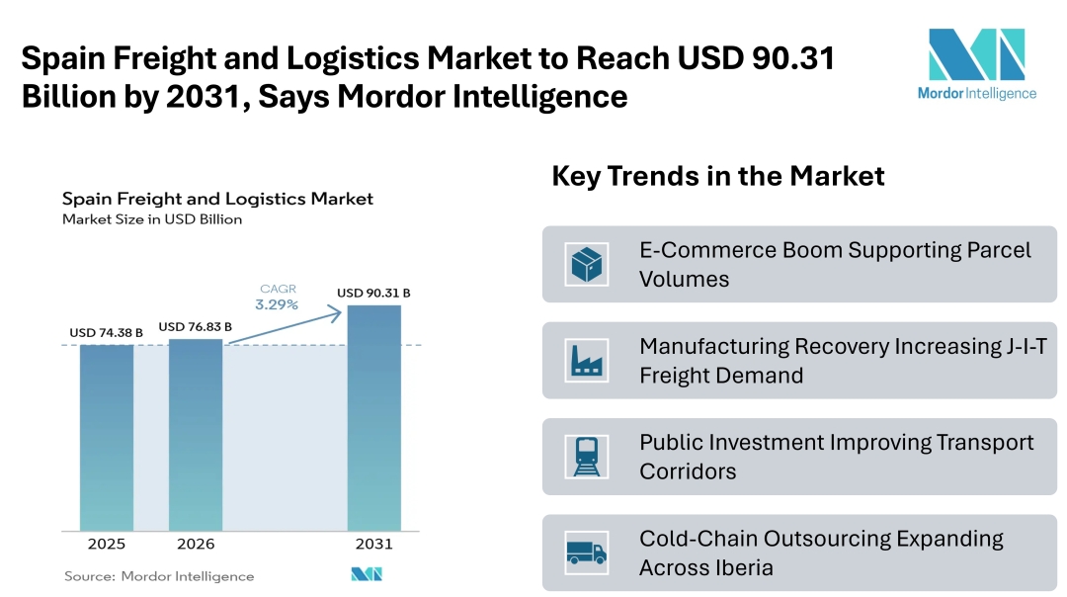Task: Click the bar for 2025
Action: pyautogui.click(x=107, y=436)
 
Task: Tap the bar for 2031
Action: pyautogui.click(x=373, y=416)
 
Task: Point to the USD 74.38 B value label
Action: pyautogui.click(x=106, y=333)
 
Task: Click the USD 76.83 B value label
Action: pyautogui.click(x=196, y=326)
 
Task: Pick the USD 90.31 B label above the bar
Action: pyautogui.click(x=373, y=293)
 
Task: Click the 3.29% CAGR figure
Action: pyautogui.click(x=277, y=304)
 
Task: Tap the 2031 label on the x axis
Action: pyautogui.click(x=373, y=545)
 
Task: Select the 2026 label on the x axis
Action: pyautogui.click(x=196, y=545)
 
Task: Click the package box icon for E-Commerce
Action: pyautogui.click(x=587, y=264)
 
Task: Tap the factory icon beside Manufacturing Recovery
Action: pyautogui.click(x=587, y=361)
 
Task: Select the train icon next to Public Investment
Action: pyautogui.click(x=587, y=457)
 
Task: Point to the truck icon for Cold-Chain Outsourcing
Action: pyautogui.click(x=587, y=553)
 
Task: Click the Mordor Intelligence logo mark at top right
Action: pyautogui.click(x=976, y=54)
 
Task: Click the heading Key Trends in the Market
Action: pyautogui.click(x=717, y=177)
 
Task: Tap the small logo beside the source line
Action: pyautogui.click(x=366, y=574)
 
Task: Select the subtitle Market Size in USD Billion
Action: pyautogui.click(x=152, y=219)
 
